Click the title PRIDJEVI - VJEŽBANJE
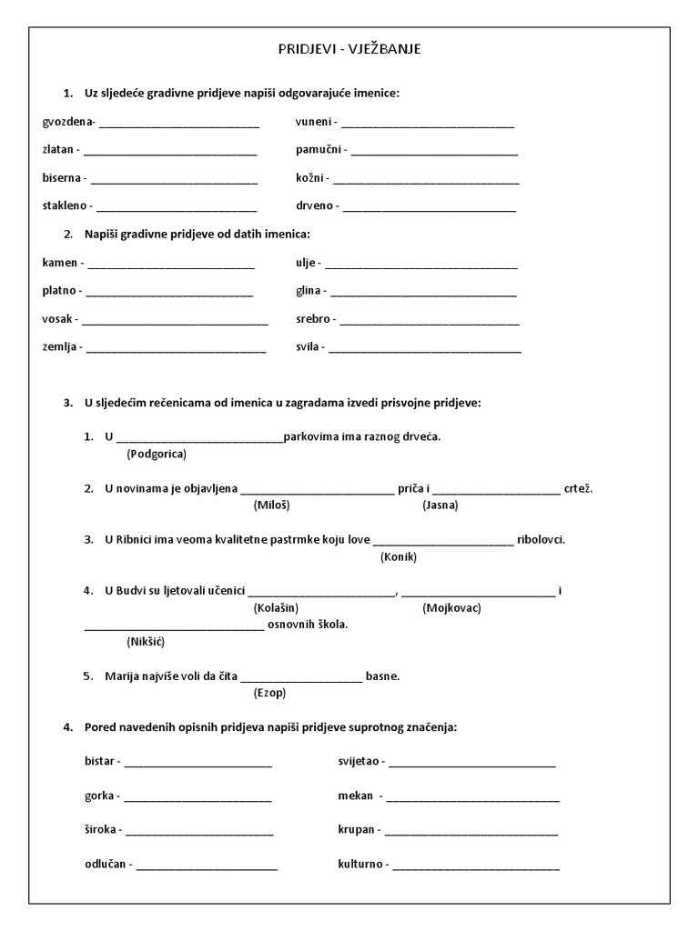(x=349, y=51)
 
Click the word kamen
(x=59, y=263)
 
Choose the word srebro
(x=313, y=319)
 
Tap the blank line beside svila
(x=425, y=350)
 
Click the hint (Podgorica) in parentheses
(x=157, y=453)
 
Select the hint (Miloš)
(x=271, y=505)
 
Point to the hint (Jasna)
(x=441, y=505)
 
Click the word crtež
(x=578, y=488)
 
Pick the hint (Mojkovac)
(x=452, y=607)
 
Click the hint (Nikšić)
(x=147, y=641)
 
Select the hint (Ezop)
(x=269, y=693)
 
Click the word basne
(x=382, y=676)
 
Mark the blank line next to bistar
(x=198, y=764)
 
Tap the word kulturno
(x=362, y=864)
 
